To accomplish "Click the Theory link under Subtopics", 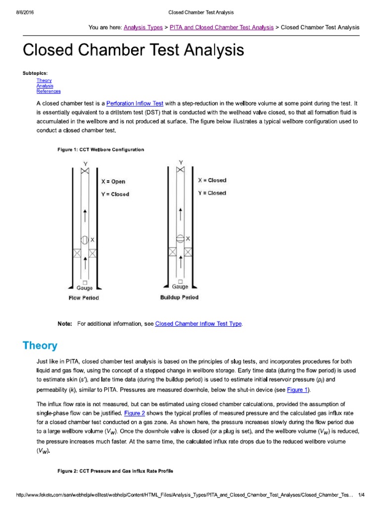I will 44,80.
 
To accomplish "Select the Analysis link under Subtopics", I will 45,86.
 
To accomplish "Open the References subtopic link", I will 48,91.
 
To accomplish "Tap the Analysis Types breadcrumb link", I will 143,27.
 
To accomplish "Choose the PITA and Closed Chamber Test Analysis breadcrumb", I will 221,27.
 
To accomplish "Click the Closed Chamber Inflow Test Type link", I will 198,324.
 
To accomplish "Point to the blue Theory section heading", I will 40,346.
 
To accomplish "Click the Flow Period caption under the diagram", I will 84,298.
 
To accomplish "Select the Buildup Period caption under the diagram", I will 179,298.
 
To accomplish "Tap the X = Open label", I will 113,182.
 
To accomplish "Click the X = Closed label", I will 212,181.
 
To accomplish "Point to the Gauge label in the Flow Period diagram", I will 85,288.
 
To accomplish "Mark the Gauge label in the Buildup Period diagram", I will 180,287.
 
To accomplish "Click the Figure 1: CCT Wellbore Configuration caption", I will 101,150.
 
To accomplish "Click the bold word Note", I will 65,324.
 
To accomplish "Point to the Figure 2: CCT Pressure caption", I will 115,471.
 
